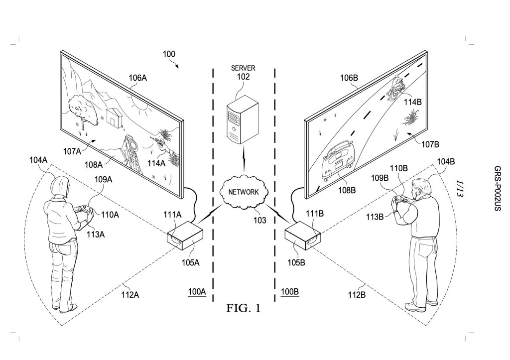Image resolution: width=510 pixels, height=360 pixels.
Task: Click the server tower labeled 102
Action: (x=243, y=120)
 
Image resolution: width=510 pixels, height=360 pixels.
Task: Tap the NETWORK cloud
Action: (x=243, y=192)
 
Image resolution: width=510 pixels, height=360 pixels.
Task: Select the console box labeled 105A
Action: (x=185, y=236)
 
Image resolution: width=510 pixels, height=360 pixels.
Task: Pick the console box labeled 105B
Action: (x=303, y=236)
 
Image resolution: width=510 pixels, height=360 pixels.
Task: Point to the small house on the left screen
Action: (x=115, y=117)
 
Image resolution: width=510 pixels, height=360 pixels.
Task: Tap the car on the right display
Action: (x=338, y=159)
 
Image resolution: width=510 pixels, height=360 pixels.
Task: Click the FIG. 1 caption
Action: (x=243, y=308)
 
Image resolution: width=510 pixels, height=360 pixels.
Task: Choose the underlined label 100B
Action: (x=289, y=291)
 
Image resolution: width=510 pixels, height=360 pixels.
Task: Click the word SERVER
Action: (x=243, y=68)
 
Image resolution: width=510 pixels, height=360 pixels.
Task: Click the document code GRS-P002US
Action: (x=498, y=189)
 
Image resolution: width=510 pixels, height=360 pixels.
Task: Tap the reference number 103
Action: (x=260, y=221)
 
